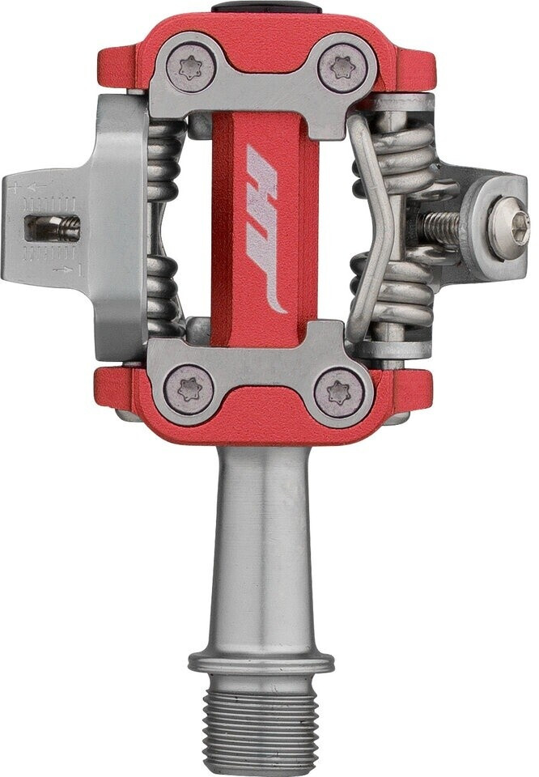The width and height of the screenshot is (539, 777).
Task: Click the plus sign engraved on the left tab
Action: tap(14, 187)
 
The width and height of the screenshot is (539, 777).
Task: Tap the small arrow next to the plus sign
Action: tap(35, 188)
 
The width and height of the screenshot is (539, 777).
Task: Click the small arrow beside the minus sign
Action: tap(56, 268)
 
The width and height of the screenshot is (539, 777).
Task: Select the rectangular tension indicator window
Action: tap(53, 229)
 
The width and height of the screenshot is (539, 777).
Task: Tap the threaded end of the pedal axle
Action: tap(261, 720)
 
